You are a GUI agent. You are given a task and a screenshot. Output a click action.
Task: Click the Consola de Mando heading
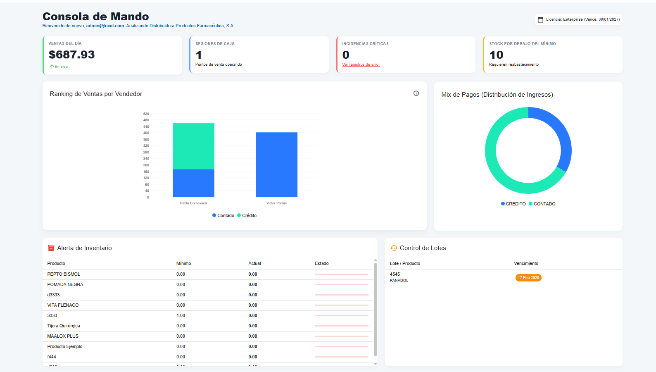tap(95, 17)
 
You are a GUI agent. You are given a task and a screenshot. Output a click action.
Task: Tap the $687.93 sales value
tap(71, 55)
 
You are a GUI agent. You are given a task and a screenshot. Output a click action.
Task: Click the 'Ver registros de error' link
tap(361, 64)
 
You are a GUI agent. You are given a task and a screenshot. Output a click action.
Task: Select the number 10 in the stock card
tap(496, 55)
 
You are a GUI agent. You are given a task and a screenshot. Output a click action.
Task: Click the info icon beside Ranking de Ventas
tap(416, 93)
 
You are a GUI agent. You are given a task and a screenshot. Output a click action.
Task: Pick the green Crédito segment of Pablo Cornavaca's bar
tap(193, 146)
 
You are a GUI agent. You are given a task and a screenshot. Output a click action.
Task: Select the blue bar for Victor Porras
tap(276, 165)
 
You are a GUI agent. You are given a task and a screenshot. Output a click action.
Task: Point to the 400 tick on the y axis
tap(146, 133)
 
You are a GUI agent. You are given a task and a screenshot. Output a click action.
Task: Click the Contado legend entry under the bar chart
tap(223, 215)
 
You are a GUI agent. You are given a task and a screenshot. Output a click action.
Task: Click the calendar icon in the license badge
tap(540, 19)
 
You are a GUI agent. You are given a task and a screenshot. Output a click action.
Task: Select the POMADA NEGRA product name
tap(65, 284)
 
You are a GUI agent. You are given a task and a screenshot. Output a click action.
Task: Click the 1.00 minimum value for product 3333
tap(181, 315)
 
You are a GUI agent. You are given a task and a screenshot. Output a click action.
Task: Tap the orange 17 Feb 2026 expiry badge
tap(528, 278)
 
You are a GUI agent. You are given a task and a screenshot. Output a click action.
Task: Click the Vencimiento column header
tap(526, 263)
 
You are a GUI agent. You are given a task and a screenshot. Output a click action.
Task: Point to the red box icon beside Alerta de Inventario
tap(51, 248)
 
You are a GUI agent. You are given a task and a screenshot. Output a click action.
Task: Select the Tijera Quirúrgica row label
tap(64, 326)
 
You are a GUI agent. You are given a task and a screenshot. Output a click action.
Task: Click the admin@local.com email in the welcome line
tap(105, 26)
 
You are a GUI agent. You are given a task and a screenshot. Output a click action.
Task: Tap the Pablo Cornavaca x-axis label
tap(193, 203)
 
